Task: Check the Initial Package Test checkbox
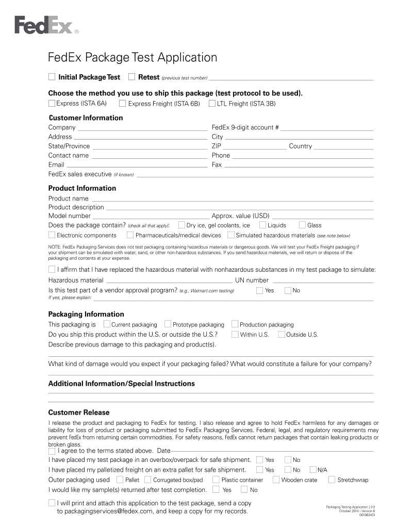pyautogui.click(x=52, y=77)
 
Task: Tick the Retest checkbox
pyautogui.click(x=132, y=77)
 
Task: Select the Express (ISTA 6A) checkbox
pyautogui.click(x=52, y=104)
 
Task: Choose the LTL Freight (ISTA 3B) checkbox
pyautogui.click(x=212, y=104)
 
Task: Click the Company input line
pyautogui.click(x=142, y=128)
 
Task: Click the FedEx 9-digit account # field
pyautogui.click(x=327, y=128)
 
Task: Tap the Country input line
pyautogui.click(x=343, y=146)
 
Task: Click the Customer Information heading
pyautogui.click(x=86, y=118)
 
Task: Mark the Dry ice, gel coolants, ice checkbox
pyautogui.click(x=181, y=225)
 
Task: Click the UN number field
pyautogui.click(x=322, y=280)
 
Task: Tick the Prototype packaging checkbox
pyautogui.click(x=168, y=324)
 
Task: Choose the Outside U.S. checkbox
pyautogui.click(x=282, y=334)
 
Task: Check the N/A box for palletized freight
pyautogui.click(x=313, y=470)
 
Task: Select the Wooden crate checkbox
pyautogui.click(x=276, y=480)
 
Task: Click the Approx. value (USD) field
pyautogui.click(x=322, y=216)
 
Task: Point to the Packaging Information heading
pyautogui.click(x=86, y=314)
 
